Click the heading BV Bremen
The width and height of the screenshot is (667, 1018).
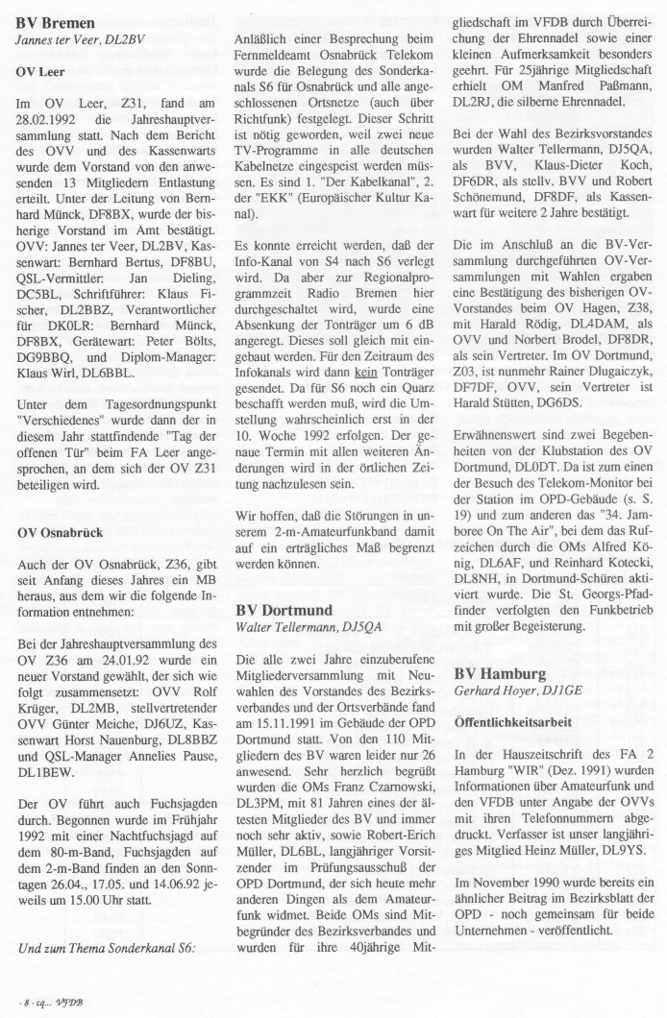55,22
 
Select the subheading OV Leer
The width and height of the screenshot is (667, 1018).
42,71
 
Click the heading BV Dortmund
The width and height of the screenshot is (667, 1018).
284,610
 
